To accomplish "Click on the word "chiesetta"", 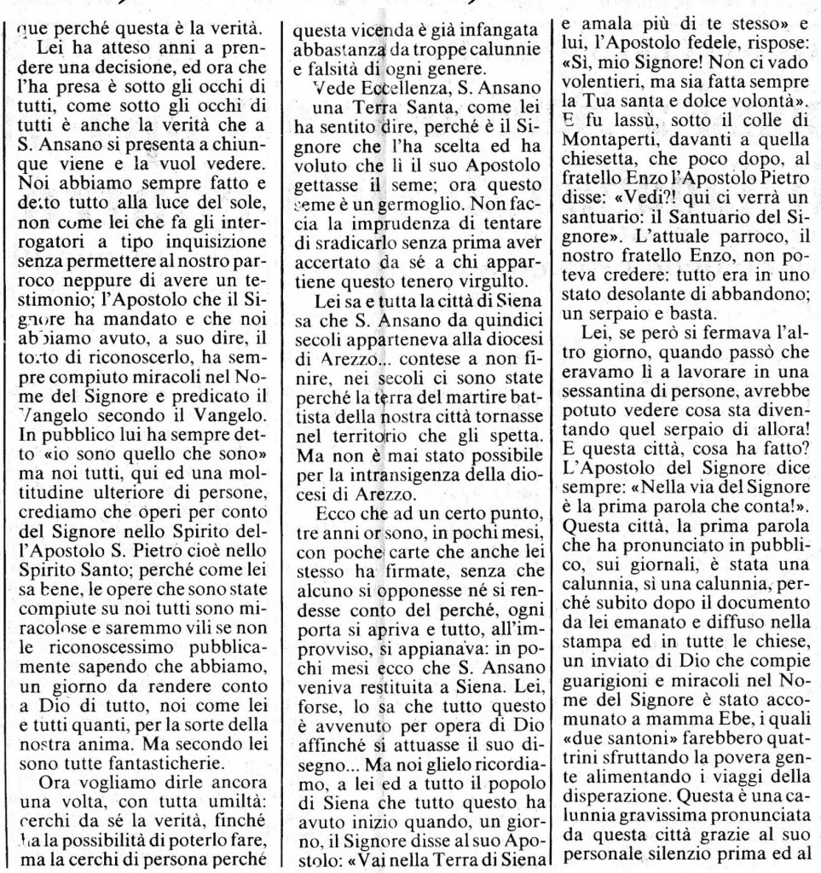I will (604, 155).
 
